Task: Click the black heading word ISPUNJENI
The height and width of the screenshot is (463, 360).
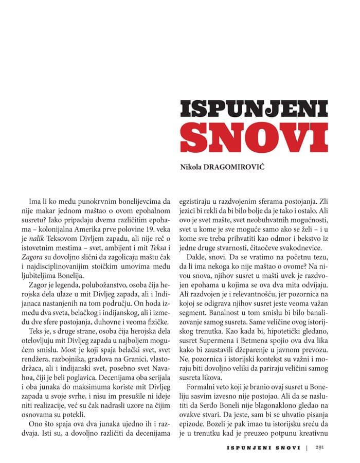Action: [254, 110]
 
